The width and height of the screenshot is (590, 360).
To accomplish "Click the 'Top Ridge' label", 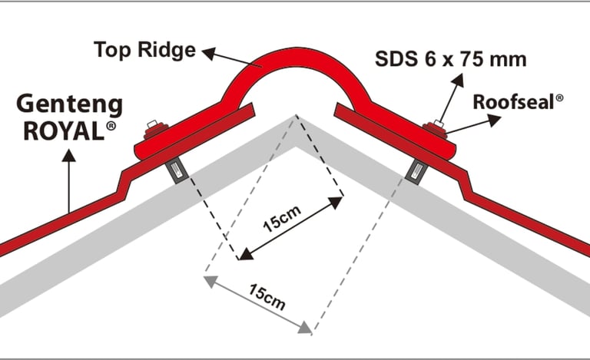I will [144, 51].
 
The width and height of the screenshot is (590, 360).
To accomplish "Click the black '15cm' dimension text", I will [283, 223].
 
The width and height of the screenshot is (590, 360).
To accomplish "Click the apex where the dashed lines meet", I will [295, 117].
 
